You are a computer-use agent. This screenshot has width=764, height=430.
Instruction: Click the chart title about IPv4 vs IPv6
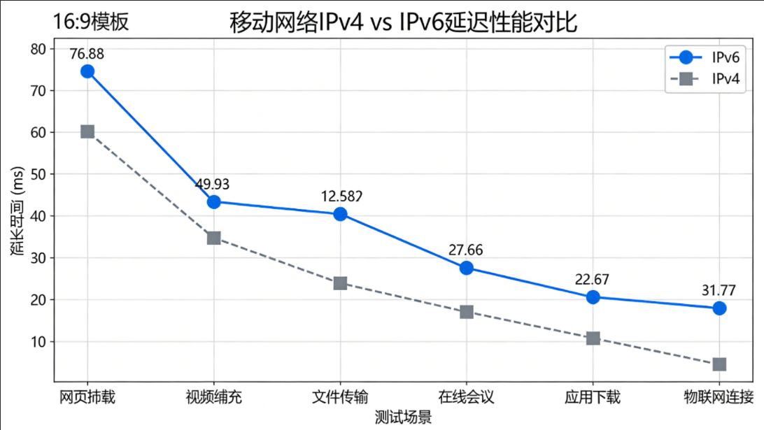click(404, 22)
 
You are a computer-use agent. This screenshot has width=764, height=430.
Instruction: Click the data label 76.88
click(87, 53)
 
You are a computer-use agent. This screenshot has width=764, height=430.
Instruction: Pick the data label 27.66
click(466, 250)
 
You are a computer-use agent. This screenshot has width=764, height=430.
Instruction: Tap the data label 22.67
click(593, 279)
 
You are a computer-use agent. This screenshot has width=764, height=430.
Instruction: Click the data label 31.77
click(719, 290)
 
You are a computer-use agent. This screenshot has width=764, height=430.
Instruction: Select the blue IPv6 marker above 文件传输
click(341, 214)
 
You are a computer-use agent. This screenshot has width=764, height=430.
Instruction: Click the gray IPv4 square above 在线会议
click(467, 312)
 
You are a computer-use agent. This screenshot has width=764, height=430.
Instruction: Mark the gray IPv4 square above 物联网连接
click(719, 364)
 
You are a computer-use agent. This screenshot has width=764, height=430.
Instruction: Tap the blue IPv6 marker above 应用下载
click(593, 297)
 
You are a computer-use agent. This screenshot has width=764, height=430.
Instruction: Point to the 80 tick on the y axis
click(38, 49)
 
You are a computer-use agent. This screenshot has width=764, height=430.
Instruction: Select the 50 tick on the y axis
click(38, 174)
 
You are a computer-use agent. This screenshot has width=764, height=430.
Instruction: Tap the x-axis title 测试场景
click(403, 417)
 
